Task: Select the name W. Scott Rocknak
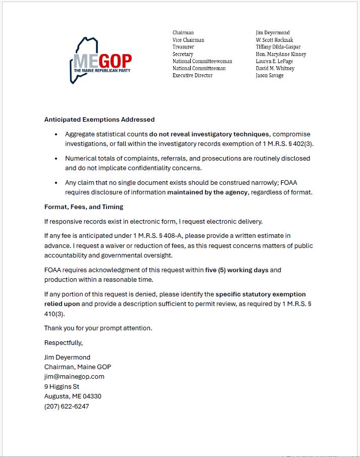pyautogui.click(x=274, y=40)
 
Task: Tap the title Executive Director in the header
pyautogui.click(x=192, y=75)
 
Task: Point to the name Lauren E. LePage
pyautogui.click(x=274, y=61)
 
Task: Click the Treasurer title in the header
pyautogui.click(x=183, y=47)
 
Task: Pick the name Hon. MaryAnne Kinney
pyautogui.click(x=281, y=54)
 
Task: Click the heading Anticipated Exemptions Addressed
pyautogui.click(x=99, y=120)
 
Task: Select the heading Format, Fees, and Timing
pyautogui.click(x=84, y=207)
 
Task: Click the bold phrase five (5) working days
pyautogui.click(x=237, y=270)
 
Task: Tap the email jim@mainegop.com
pyautogui.click(x=74, y=376)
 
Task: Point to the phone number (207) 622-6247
pyautogui.click(x=67, y=405)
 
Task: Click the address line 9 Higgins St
pyautogui.click(x=62, y=386)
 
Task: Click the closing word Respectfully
pyautogui.click(x=64, y=342)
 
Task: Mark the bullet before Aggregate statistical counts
pyautogui.click(x=56, y=134)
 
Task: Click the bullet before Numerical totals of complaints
pyautogui.click(x=56, y=159)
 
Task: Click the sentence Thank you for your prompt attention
pyautogui.click(x=98, y=328)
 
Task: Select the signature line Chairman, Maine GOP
pyautogui.click(x=78, y=367)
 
